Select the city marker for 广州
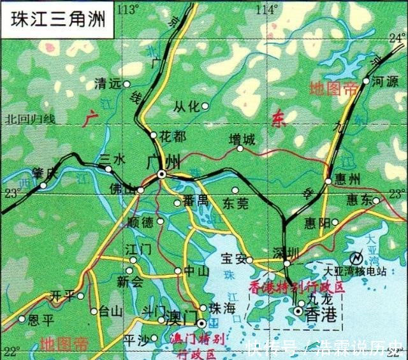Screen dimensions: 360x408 coord(162,174)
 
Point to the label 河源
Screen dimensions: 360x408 coord(384,82)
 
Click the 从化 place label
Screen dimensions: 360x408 coord(186,106)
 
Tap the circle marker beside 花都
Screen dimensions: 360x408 coord(154,135)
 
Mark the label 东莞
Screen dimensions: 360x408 coord(235,203)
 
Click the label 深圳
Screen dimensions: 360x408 coord(285,250)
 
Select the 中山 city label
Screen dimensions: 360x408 coord(196,271)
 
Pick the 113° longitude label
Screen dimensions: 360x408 coord(128,9)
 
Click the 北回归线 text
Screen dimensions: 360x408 coord(30,119)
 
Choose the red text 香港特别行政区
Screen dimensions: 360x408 coord(296,287)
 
